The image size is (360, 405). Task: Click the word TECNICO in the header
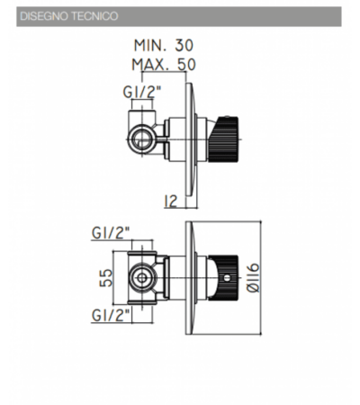click(94, 16)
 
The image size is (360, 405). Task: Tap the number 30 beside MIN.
click(184, 45)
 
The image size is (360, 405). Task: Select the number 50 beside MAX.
click(186, 65)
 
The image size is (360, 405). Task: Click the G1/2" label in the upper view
click(142, 92)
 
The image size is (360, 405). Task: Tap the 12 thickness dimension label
click(171, 202)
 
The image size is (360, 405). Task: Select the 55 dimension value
click(105, 278)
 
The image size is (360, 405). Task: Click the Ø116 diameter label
click(253, 278)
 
